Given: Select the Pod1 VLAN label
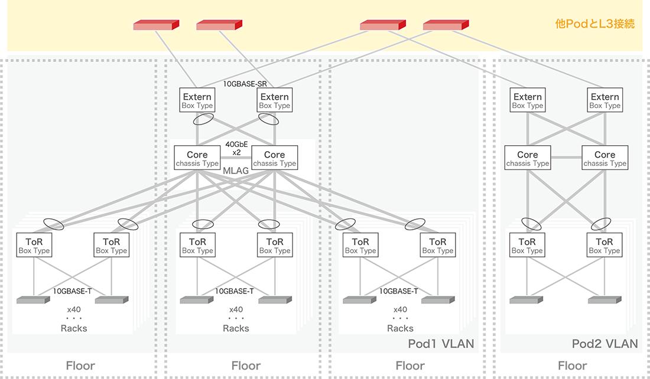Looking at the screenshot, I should pos(441,344).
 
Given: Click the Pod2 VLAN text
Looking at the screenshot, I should pos(605,344).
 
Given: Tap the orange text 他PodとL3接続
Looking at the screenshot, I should pos(595,24).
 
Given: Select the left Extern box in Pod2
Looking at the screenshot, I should pos(528,101).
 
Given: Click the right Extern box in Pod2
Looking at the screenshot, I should pos(605,101).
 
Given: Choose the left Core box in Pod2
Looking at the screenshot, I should pos(528,159).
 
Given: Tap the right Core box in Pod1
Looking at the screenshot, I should pos(275,159).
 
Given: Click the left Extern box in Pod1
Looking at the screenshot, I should pos(197,101).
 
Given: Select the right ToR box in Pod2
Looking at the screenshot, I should pos(604,246).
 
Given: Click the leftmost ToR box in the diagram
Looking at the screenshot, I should pos(34,246).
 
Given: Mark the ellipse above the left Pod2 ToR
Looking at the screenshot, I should pos(530,224).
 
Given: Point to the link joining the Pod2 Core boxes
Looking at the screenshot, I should pos(566,158).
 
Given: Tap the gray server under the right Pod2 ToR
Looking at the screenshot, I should pos(604,300).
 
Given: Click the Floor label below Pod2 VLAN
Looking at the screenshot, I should pos(573,365).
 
